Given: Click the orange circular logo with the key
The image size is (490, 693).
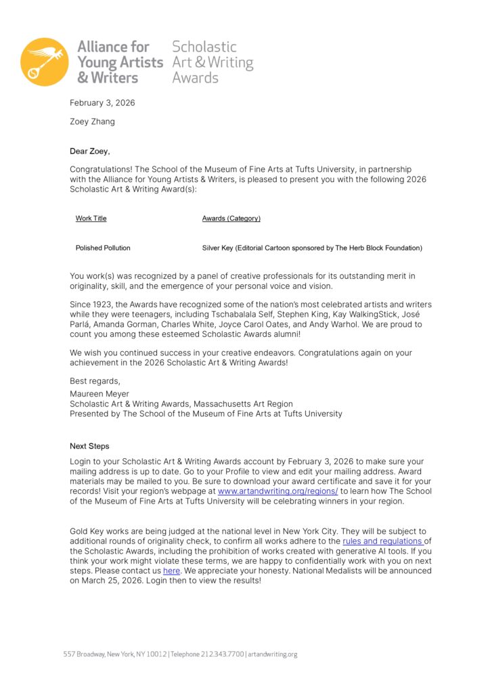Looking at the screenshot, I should [44, 62].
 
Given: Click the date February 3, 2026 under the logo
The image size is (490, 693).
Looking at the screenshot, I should [102, 103].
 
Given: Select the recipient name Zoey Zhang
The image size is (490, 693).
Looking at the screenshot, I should [93, 122].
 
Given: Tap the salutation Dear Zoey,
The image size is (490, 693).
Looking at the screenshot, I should [89, 151].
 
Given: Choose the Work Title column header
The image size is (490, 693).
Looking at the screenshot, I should [91, 219].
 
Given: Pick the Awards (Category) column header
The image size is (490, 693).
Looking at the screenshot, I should [231, 219].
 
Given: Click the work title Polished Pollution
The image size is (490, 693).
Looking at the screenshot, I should [103, 248].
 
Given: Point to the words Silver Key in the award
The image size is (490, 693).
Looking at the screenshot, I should [218, 248].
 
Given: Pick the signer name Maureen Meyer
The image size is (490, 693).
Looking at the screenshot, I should [99, 394].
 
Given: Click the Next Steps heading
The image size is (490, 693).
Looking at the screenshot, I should [89, 447].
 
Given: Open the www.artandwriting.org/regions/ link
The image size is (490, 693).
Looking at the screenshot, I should [277, 491].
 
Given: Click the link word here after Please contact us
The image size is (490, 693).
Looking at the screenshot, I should [171, 571].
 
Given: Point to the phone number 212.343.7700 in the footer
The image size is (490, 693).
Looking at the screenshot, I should [221, 654].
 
